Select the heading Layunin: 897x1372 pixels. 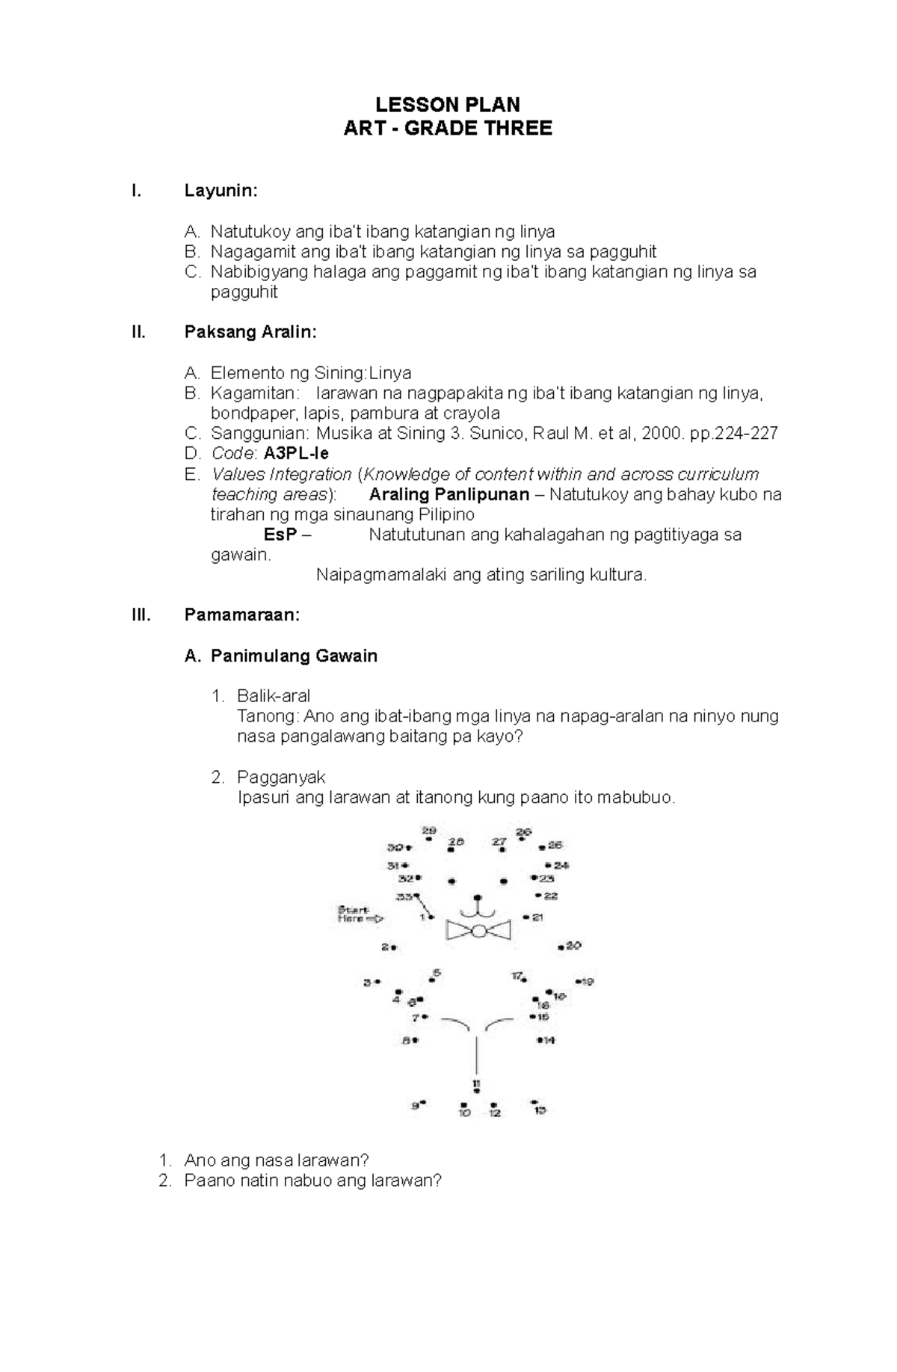(x=221, y=191)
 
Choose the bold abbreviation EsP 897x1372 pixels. (x=280, y=535)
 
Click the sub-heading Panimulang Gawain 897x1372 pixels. (x=294, y=656)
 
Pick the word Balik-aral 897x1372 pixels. (x=274, y=696)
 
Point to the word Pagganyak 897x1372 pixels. (x=281, y=777)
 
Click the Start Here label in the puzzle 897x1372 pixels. (x=354, y=914)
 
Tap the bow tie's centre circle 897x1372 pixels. (x=478, y=931)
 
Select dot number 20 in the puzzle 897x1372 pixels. (x=561, y=947)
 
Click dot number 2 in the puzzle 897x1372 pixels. (x=394, y=947)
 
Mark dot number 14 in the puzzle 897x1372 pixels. (x=540, y=1040)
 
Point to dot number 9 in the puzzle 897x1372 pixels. (x=423, y=1102)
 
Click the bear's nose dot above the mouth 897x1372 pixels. (x=478, y=897)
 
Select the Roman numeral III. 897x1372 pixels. (x=140, y=615)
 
